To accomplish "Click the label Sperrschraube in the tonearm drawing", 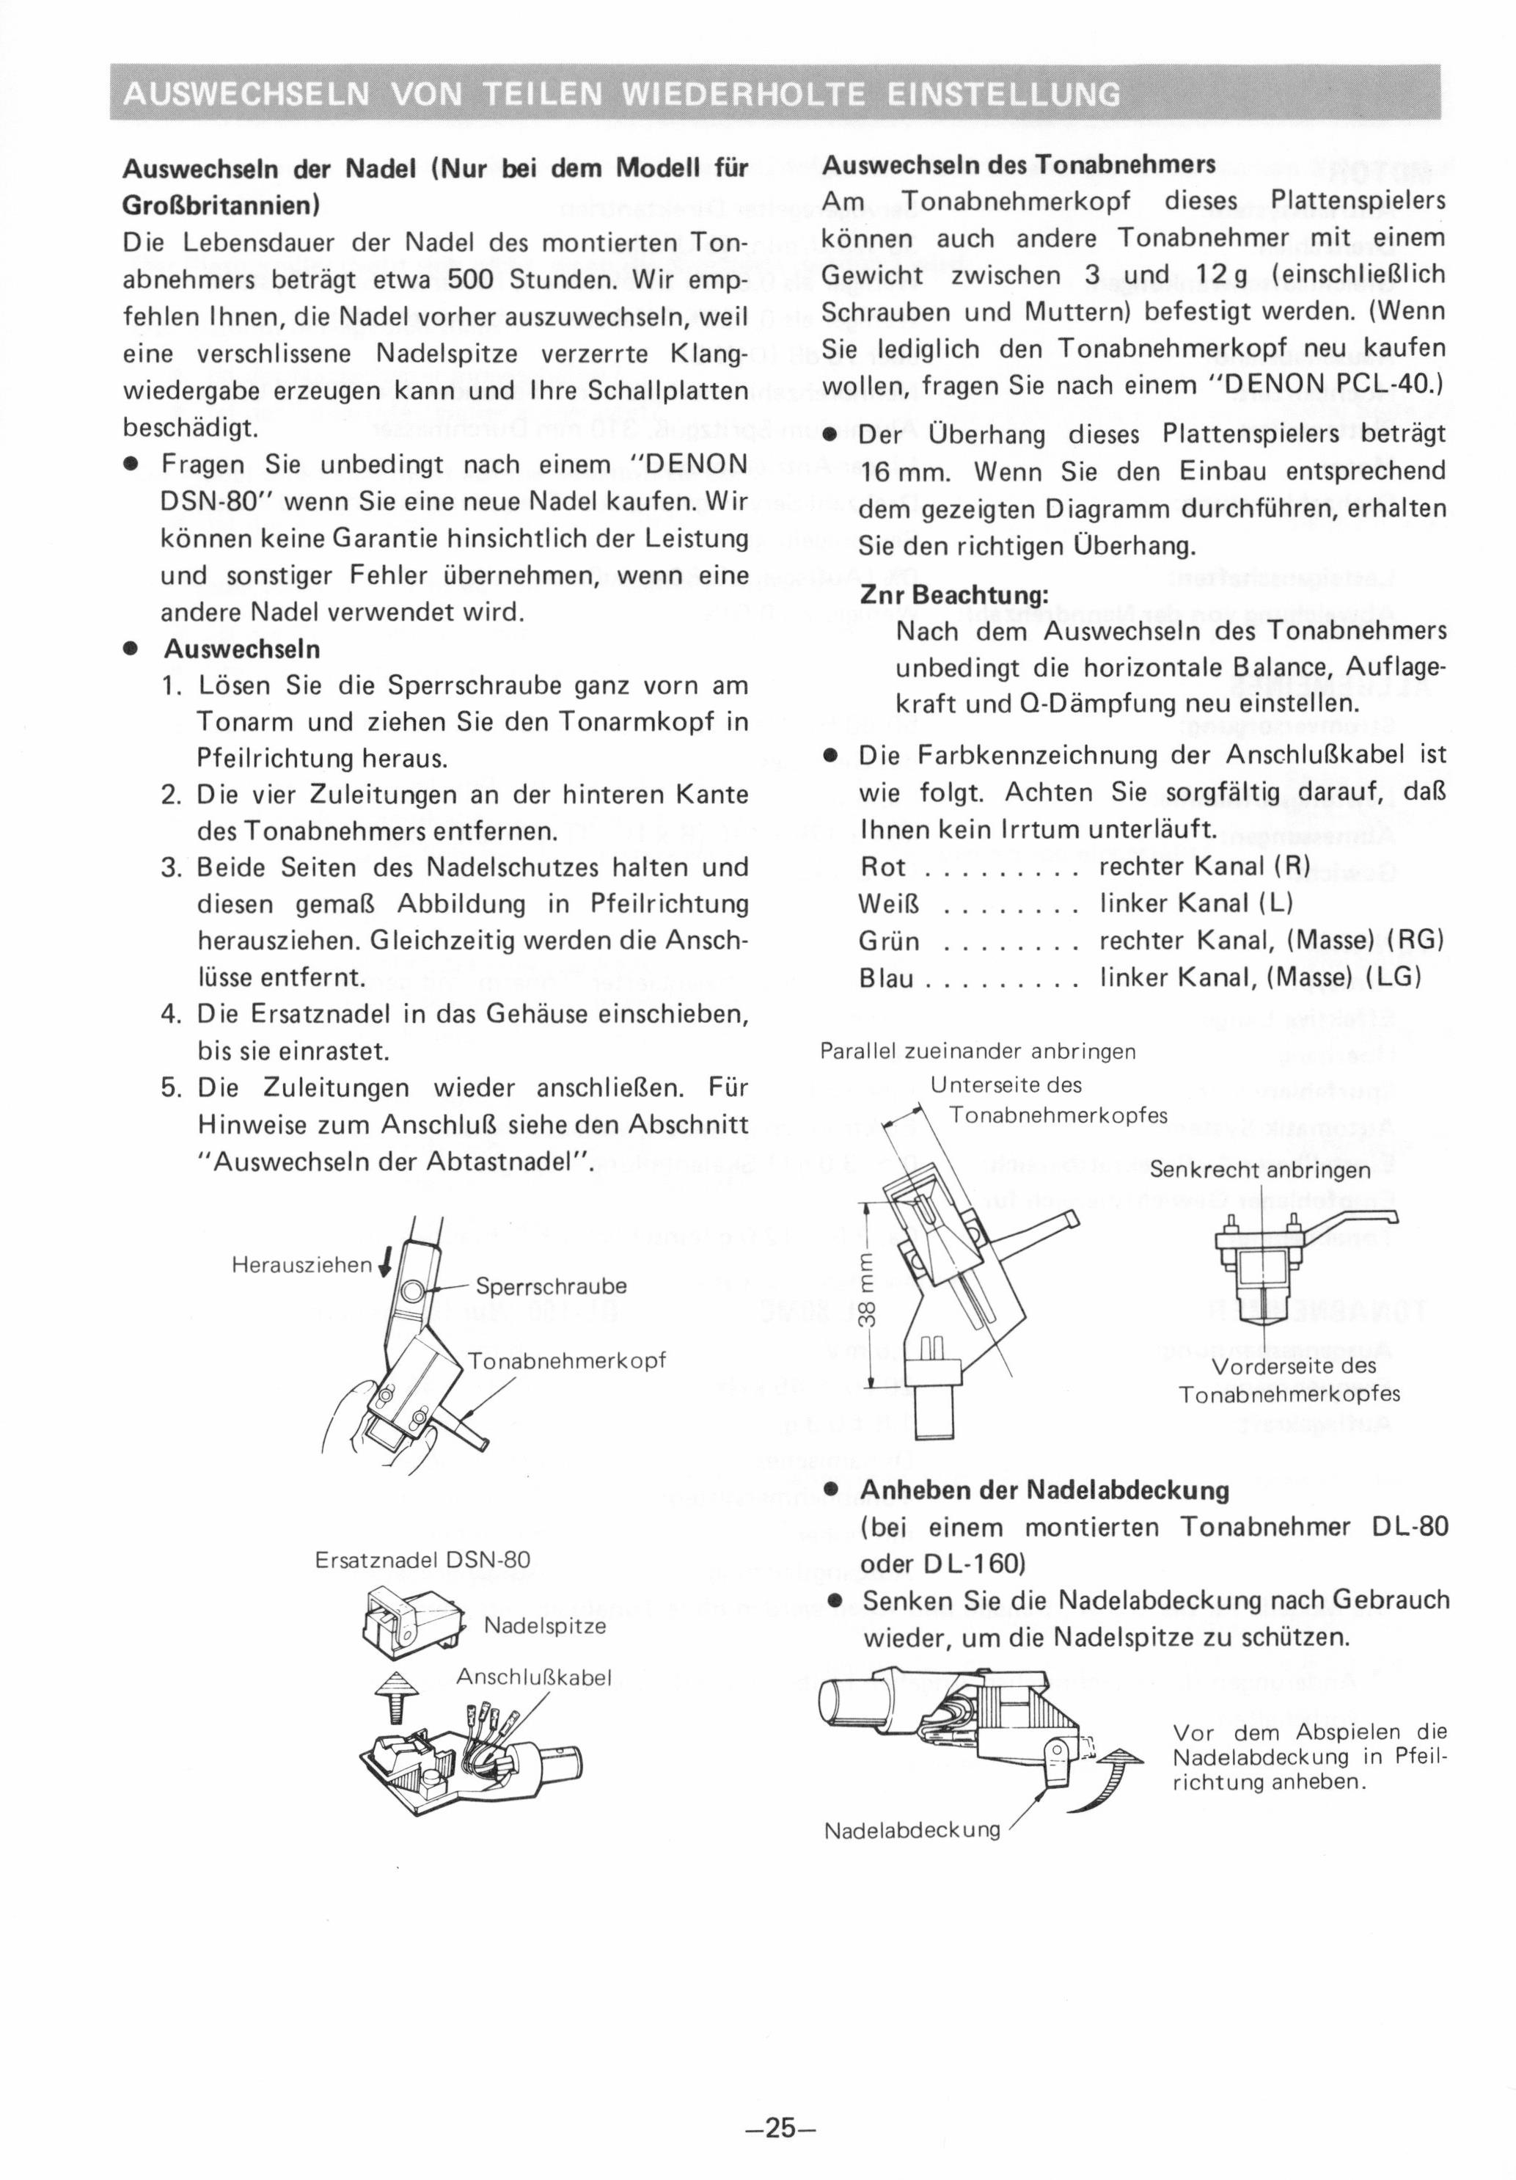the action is pos(551,1286).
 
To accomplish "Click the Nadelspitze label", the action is pos(544,1625).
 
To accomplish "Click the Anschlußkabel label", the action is pos(532,1677).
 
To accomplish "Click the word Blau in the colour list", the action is pos(887,977).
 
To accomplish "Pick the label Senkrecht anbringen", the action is pos(1260,1170).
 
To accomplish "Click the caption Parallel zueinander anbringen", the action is pos(978,1051).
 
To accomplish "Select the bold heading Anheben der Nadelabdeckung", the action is pos(1045,1490).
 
